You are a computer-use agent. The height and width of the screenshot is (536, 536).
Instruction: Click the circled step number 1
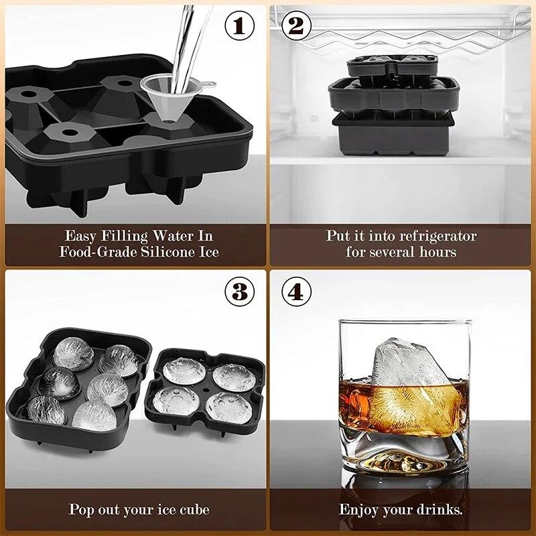pyautogui.click(x=240, y=25)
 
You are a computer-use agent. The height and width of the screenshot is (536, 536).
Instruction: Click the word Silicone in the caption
pyautogui.click(x=169, y=252)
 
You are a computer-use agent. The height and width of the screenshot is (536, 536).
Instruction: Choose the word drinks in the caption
pyautogui.click(x=440, y=509)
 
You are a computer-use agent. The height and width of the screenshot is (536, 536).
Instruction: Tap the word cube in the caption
pyautogui.click(x=192, y=509)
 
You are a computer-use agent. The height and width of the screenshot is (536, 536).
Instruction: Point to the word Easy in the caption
pyautogui.click(x=80, y=236)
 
